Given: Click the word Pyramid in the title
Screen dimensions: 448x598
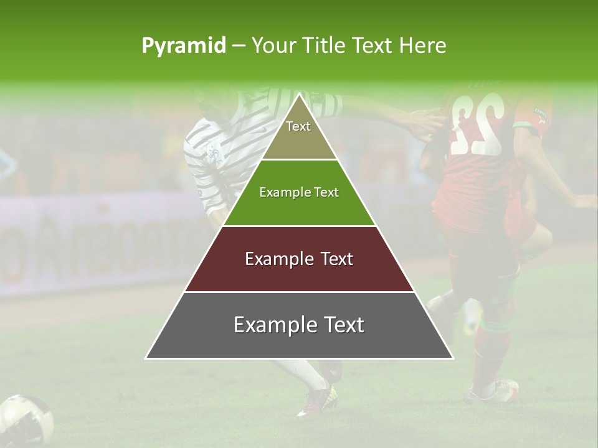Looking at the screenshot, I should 184,46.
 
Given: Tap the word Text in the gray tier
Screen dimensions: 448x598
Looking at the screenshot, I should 340,325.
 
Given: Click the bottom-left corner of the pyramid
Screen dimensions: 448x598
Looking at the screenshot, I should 146,358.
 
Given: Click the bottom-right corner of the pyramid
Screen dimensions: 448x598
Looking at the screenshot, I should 452,358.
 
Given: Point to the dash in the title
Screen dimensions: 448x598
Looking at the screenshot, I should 239,46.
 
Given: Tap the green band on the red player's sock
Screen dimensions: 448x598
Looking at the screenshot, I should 495,325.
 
